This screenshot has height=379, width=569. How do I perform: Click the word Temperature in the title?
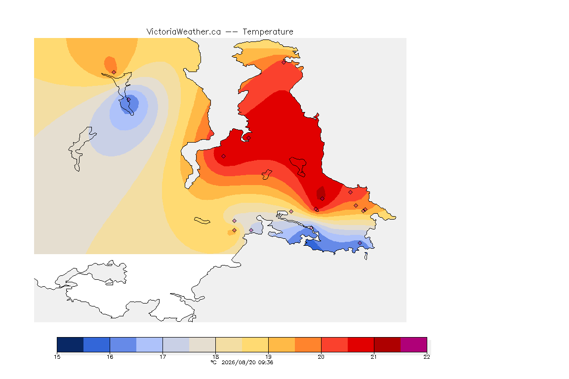[x=268, y=32]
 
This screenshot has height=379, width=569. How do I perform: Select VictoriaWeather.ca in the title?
[x=184, y=32]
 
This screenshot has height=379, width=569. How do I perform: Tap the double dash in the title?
[x=232, y=32]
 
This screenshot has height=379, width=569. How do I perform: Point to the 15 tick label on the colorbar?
[x=57, y=357]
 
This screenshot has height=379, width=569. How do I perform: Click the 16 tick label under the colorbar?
[x=110, y=357]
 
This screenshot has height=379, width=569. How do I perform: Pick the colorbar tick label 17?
[x=163, y=357]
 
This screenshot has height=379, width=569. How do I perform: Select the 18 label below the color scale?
[x=215, y=357]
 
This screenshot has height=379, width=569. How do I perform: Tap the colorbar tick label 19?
[x=268, y=357]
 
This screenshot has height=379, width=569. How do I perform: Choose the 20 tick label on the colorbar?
[x=321, y=357]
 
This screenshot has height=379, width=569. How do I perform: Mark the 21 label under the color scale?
[x=374, y=357]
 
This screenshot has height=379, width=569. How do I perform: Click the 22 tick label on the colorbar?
[x=427, y=357]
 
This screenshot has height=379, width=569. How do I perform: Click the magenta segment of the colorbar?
[x=414, y=344]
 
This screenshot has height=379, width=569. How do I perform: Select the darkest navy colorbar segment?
[x=71, y=344]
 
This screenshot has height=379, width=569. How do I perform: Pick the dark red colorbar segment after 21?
[x=387, y=344]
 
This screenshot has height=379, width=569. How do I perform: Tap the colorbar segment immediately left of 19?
[x=255, y=344]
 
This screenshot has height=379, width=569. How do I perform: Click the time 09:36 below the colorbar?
[x=266, y=362]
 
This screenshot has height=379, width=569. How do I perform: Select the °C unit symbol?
[x=214, y=362]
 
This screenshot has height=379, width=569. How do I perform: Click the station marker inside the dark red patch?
[x=322, y=199]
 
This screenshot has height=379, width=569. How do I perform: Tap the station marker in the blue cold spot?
[x=128, y=100]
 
